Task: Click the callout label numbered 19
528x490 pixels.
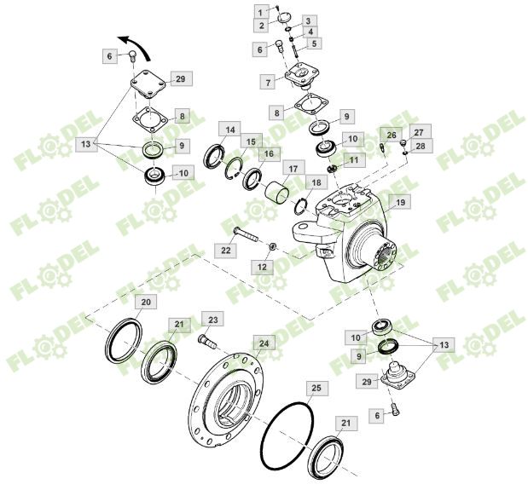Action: pos(401,202)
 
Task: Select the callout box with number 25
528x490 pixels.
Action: pos(316,389)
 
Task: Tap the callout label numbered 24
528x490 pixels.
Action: pos(265,343)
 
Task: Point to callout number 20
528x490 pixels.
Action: pos(145,303)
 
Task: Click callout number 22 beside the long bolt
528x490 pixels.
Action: pos(225,251)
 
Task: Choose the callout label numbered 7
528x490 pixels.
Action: pos(268,83)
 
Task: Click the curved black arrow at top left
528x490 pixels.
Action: pos(132,41)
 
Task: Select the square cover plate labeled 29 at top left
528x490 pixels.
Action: pos(149,89)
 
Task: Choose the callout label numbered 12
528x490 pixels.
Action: pos(262,268)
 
